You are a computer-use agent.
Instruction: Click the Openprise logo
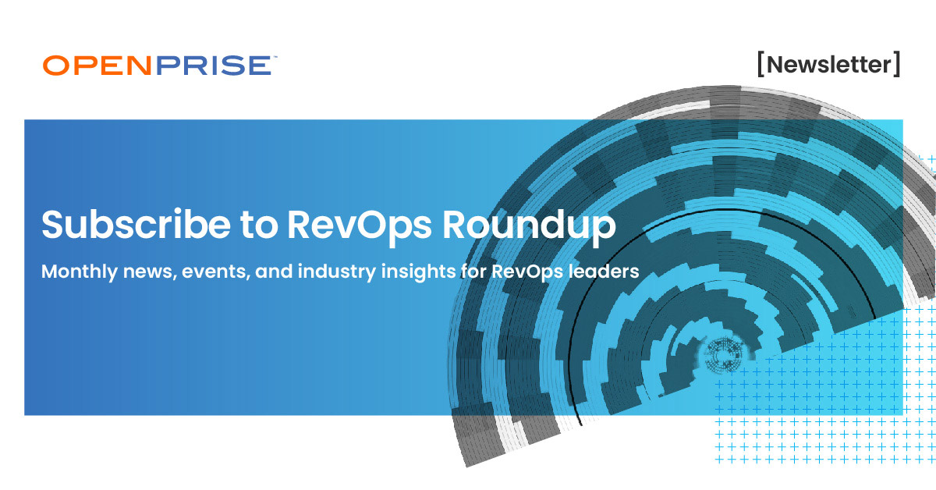(157, 66)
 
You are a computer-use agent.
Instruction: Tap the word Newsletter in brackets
(828, 64)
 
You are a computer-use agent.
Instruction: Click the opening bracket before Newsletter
(760, 64)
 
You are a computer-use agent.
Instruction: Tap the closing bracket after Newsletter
(897, 64)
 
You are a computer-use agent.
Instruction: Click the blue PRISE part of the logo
(212, 66)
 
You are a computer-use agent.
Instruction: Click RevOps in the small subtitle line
(523, 272)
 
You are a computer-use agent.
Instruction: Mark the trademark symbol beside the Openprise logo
(272, 57)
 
